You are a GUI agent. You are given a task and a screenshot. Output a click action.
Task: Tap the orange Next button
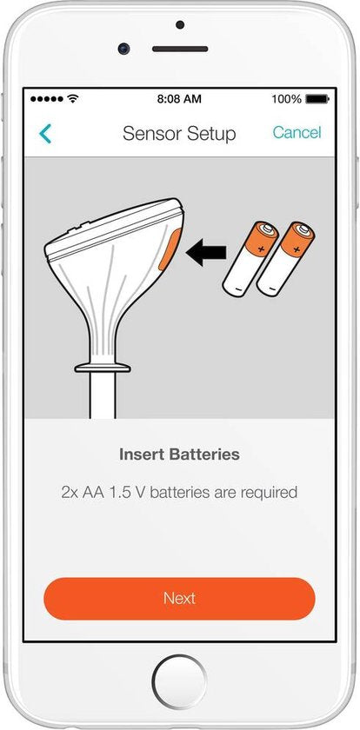179,598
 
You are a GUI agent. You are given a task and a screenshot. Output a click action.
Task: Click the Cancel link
297,133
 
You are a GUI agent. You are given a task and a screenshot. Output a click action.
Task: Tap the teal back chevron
45,134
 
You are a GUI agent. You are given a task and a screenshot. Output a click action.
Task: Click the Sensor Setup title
179,134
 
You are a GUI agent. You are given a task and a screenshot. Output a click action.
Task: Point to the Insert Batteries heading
179,454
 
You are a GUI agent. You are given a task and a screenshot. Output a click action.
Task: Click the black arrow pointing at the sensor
206,253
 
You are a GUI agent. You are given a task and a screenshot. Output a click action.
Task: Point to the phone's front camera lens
123,48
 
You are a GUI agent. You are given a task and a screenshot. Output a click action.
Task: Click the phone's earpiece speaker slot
180,49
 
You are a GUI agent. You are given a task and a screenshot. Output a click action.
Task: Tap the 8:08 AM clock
179,99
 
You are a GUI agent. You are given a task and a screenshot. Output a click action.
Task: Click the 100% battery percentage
286,99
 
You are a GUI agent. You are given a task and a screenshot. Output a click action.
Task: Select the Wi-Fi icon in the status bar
73,99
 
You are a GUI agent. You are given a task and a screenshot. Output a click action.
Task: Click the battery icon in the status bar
317,99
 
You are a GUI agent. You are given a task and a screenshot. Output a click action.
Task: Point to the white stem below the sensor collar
103,395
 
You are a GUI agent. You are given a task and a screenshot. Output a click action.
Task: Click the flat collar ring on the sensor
103,368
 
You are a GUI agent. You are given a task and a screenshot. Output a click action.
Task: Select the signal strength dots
47,99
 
